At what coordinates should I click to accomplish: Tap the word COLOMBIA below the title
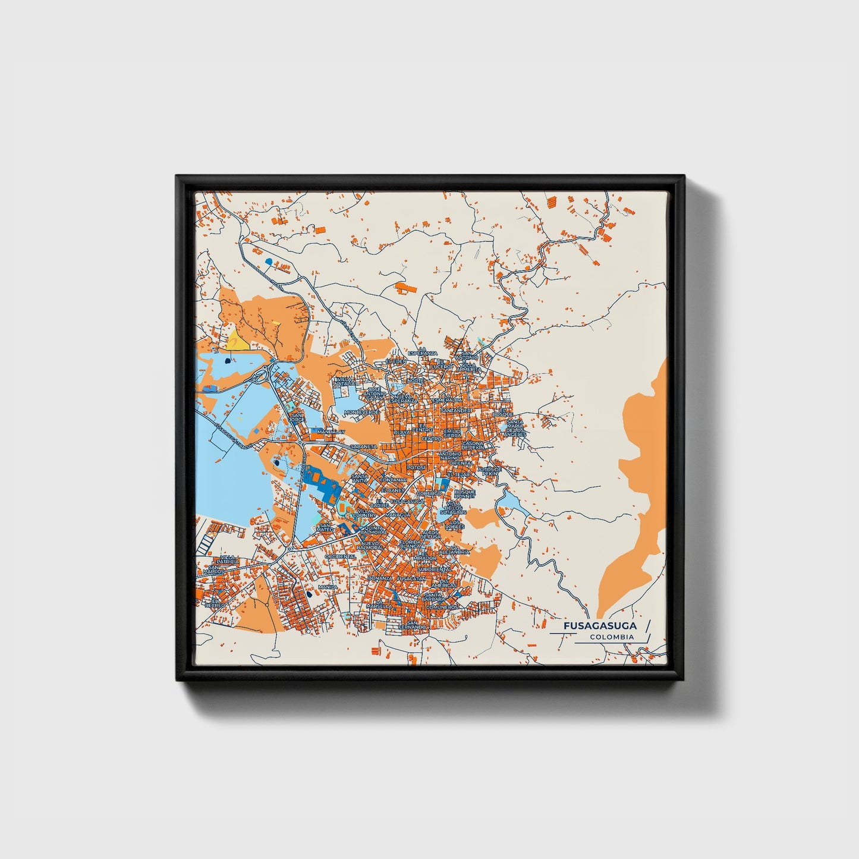(612, 637)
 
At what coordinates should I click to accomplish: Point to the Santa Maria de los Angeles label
(514, 428)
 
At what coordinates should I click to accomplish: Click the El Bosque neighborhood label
(505, 411)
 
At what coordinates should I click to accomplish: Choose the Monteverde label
(361, 412)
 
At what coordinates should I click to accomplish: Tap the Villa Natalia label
(345, 382)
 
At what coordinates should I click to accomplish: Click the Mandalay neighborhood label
(331, 432)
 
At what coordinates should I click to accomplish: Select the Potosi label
(416, 467)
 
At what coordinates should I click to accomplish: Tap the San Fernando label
(412, 625)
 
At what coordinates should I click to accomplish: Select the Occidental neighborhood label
(340, 556)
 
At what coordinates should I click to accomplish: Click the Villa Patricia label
(228, 559)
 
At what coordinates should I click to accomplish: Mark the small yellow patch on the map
(236, 342)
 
